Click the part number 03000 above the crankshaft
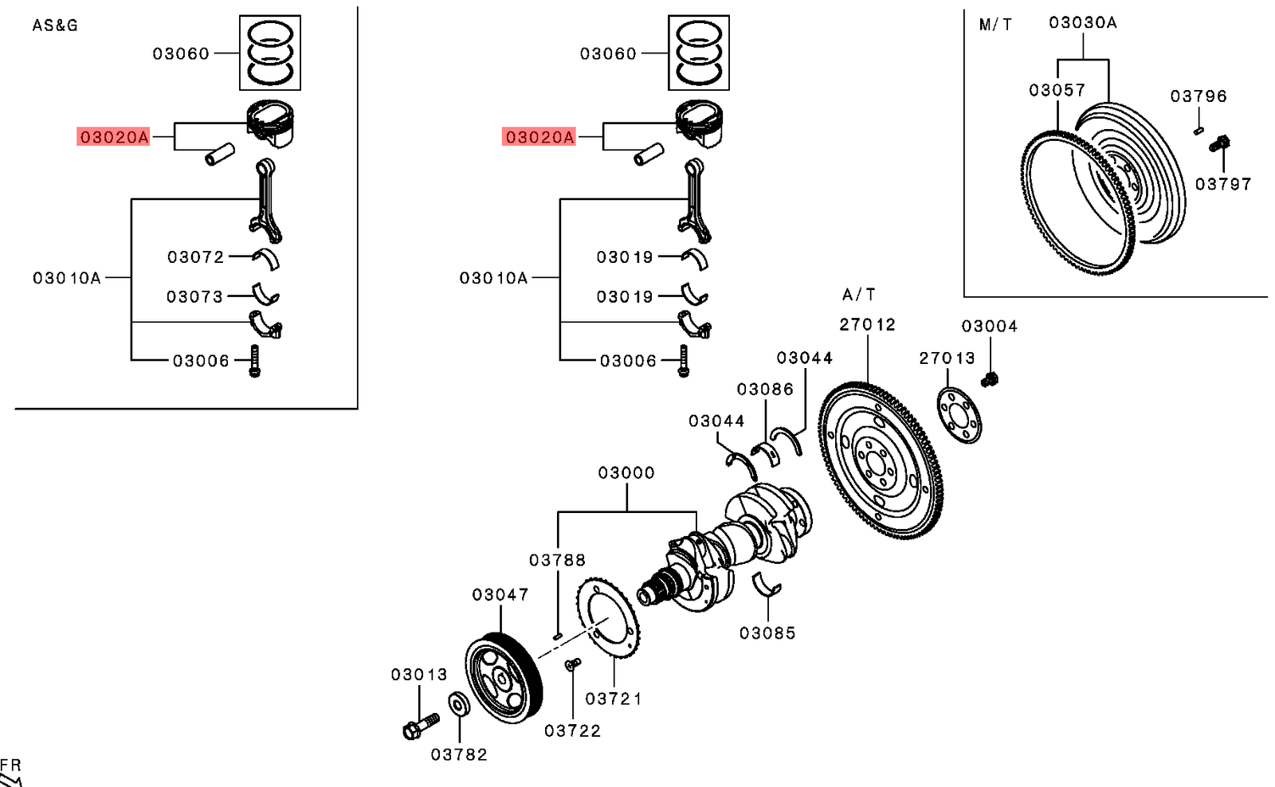(626, 473)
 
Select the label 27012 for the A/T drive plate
(867, 325)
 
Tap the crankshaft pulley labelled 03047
(504, 677)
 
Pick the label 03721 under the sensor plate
(613, 699)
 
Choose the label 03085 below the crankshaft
(767, 633)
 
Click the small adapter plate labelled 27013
(959, 414)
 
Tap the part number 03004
(989, 327)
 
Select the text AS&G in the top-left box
(55, 25)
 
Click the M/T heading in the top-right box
(995, 25)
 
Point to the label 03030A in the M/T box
(1082, 23)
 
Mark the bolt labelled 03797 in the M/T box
(1219, 145)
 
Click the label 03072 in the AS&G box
(195, 257)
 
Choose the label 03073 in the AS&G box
(194, 297)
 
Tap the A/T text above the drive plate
(859, 296)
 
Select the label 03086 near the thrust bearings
(765, 390)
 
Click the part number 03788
(557, 561)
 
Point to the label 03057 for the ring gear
(1057, 91)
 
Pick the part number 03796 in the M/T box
(1198, 96)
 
